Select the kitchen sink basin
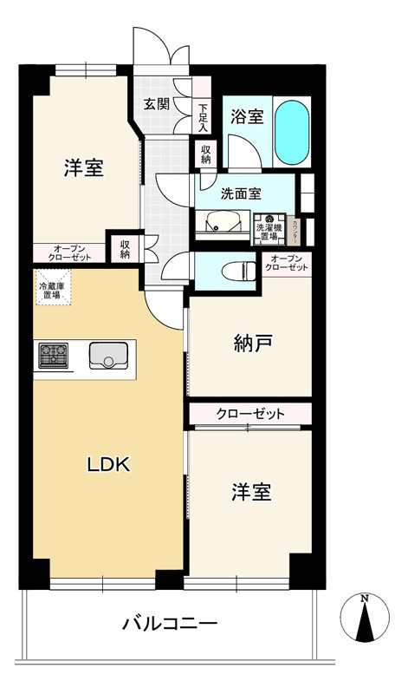coord(107,356)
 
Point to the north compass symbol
coord(367,620)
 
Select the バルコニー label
coord(169,623)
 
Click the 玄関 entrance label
coord(157,104)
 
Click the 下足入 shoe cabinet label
coord(203,116)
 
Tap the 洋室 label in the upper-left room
coord(84,168)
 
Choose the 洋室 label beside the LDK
coord(251,493)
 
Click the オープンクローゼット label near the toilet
coord(288,263)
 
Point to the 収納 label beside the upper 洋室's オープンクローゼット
coord(125,249)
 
